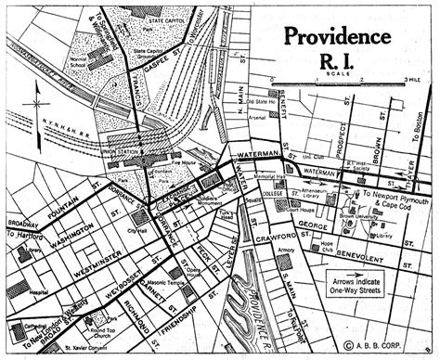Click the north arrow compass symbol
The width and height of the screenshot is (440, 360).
coord(34,95)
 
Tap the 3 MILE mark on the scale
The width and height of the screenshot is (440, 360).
coord(412,81)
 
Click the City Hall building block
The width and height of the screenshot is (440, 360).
coord(142,212)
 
